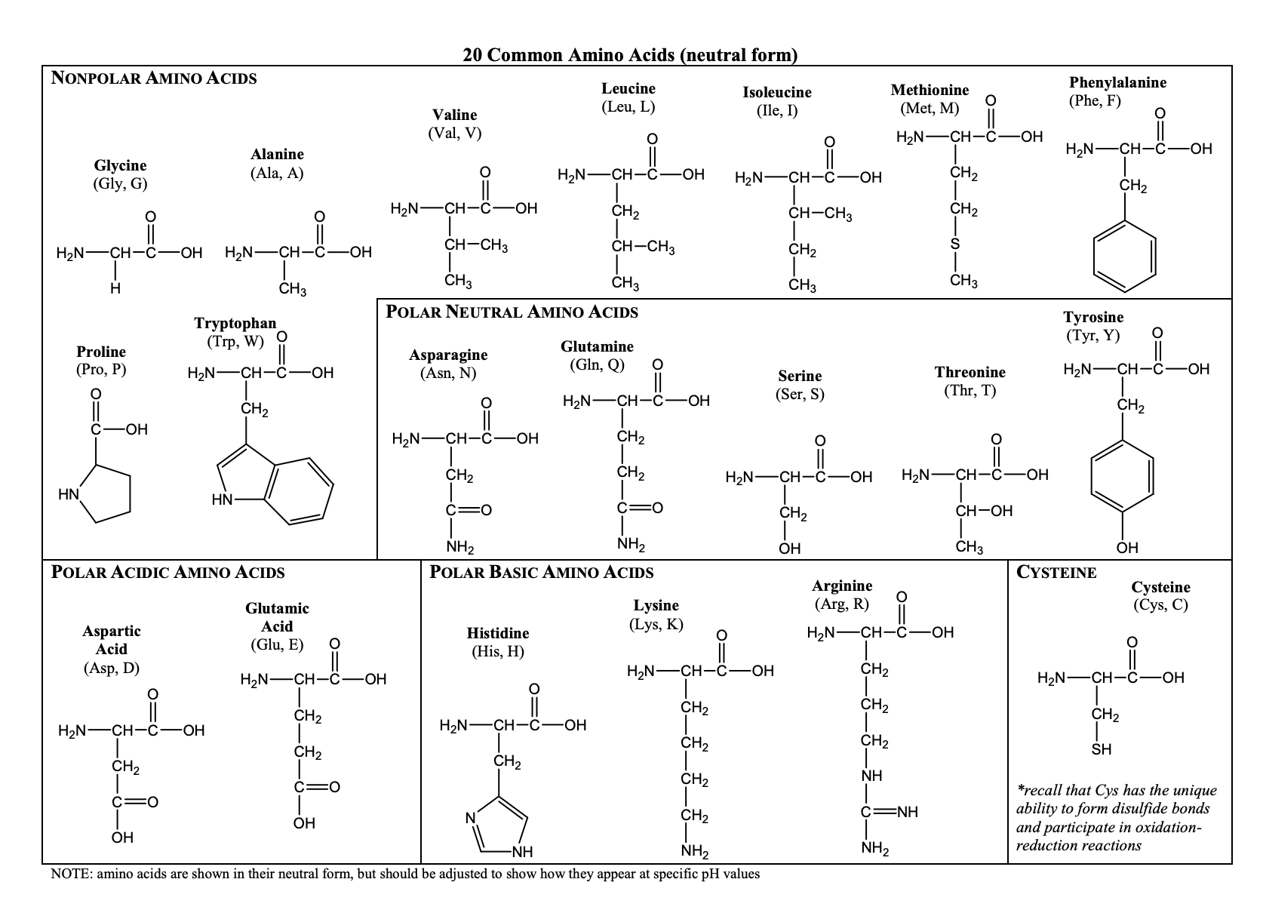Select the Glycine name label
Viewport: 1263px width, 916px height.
120,165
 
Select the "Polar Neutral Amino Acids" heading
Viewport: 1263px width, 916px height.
512,312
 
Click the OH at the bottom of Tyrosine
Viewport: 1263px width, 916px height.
1126,548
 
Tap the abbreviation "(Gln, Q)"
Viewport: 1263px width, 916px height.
596,364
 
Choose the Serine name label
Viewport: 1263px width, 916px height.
800,376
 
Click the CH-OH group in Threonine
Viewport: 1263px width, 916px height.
984,511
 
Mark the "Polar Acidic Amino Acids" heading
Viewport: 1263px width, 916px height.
167,572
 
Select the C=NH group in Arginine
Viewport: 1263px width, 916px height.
890,813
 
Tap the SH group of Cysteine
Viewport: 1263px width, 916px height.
1102,750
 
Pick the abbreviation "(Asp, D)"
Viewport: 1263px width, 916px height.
111,668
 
